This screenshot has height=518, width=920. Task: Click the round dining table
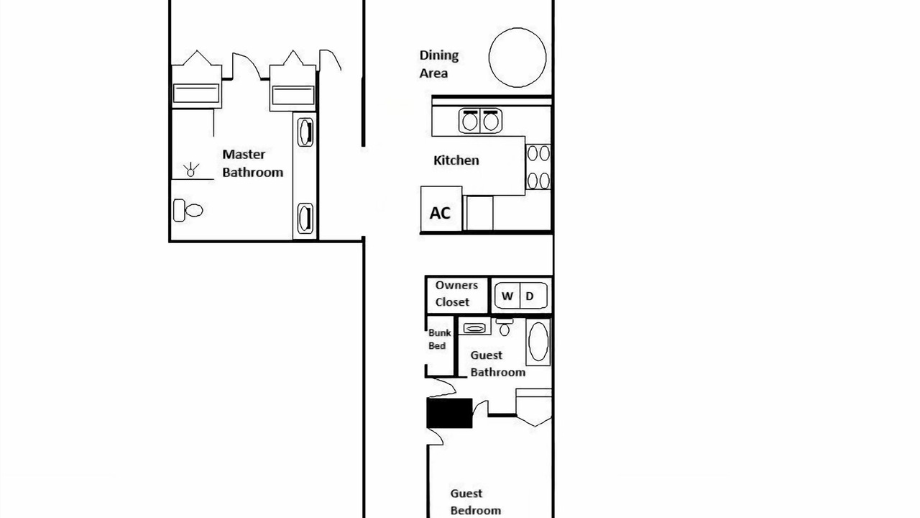tap(517, 58)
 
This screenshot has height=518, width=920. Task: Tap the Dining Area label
tap(438, 64)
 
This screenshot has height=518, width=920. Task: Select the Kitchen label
tap(456, 160)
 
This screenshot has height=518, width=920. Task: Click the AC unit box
tap(441, 209)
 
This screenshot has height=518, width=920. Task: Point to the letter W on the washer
tap(507, 296)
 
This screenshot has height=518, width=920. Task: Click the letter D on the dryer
tap(530, 296)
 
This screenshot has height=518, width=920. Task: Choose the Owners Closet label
tap(456, 294)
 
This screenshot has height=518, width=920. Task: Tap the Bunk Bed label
tap(439, 339)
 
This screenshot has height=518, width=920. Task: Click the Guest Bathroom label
tap(498, 364)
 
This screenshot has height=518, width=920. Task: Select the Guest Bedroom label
tap(476, 502)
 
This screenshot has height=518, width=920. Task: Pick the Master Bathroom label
tap(252, 163)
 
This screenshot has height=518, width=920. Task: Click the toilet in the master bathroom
tap(188, 211)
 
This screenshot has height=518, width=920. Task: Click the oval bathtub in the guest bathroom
tap(538, 342)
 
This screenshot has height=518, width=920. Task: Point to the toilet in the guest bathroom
tap(505, 327)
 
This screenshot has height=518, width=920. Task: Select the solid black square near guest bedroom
tap(449, 413)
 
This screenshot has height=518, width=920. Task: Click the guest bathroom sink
tap(474, 328)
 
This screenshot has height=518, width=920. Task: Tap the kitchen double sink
tap(480, 120)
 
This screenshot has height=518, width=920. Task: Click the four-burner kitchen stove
tap(538, 166)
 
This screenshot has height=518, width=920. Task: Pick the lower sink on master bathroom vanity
tap(305, 218)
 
